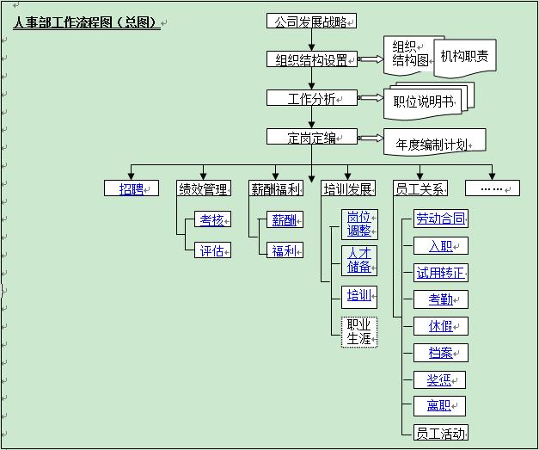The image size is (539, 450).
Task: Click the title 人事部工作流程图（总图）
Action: (86, 23)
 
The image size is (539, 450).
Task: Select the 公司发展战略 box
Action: (310, 22)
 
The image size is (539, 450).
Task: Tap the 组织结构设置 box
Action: (310, 59)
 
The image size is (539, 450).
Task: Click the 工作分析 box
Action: (310, 98)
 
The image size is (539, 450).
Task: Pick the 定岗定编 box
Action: (310, 137)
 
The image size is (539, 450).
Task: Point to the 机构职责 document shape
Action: (464, 56)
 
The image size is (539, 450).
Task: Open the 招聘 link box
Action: (132, 188)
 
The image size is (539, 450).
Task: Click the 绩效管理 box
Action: (203, 188)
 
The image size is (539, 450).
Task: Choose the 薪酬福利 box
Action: (275, 188)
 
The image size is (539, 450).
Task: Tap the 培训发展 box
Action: (347, 188)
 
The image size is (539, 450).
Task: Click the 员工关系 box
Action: (420, 188)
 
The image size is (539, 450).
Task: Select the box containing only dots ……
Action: (492, 188)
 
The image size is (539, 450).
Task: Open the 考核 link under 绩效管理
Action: (212, 219)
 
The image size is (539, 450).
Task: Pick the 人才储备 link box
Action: (358, 260)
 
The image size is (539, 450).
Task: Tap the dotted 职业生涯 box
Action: (358, 331)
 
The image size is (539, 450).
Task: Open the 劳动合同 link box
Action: (440, 219)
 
